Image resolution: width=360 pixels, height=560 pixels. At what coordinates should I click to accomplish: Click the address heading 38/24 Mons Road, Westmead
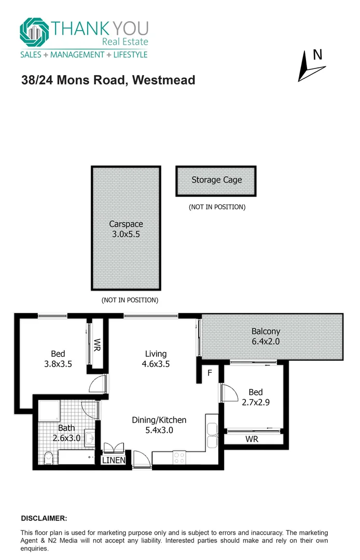point(108,80)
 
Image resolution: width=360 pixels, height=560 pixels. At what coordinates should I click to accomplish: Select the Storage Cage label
point(216,180)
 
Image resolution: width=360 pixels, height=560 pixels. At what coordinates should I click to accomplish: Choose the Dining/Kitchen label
point(159,420)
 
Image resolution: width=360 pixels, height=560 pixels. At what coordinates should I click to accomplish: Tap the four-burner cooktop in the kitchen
point(179,456)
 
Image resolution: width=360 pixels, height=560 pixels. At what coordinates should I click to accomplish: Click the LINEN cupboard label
point(113,460)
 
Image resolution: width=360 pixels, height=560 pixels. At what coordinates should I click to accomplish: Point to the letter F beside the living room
point(210,372)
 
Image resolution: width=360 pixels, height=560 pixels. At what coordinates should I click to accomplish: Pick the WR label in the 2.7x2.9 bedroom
point(252,439)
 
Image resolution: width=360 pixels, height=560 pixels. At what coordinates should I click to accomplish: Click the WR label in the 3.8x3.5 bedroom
point(96,345)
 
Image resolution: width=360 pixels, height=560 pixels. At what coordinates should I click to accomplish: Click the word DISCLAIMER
point(44,518)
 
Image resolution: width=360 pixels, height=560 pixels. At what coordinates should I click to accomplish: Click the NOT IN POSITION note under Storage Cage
point(216,207)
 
